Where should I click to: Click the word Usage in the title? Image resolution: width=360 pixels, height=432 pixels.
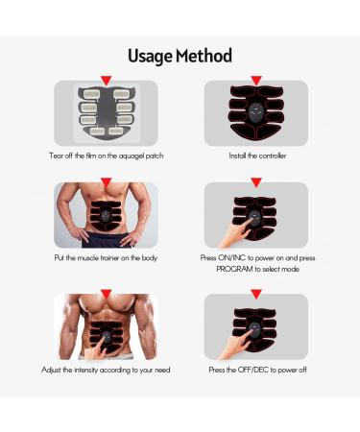tap(150, 57)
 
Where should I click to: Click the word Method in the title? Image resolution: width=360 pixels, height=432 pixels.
tap(204, 56)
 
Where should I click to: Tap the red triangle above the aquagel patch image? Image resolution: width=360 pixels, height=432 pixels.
tap(106, 81)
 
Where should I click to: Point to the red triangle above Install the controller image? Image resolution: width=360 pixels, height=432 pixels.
tap(256, 81)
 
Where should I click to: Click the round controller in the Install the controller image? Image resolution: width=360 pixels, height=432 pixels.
tap(256, 112)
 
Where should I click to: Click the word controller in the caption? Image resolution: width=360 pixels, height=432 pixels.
tap(273, 156)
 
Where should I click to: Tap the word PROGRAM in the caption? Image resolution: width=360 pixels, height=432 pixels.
tap(234, 269)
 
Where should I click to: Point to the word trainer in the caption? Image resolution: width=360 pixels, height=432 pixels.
tap(109, 258)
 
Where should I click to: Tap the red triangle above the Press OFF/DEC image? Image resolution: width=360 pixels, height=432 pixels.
tap(256, 294)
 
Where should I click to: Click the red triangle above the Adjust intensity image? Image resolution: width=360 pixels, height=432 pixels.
tap(106, 294)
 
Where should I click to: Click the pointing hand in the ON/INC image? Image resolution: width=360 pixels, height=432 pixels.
tap(236, 232)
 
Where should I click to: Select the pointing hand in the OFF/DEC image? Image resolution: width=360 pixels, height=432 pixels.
tap(235, 344)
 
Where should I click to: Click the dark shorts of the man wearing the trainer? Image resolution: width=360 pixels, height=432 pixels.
tap(106, 240)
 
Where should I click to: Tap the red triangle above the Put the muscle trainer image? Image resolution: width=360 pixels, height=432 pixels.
tap(106, 182)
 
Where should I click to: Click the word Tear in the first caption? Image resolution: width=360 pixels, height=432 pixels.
tap(56, 156)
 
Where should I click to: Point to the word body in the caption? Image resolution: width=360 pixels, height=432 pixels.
tap(150, 258)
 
